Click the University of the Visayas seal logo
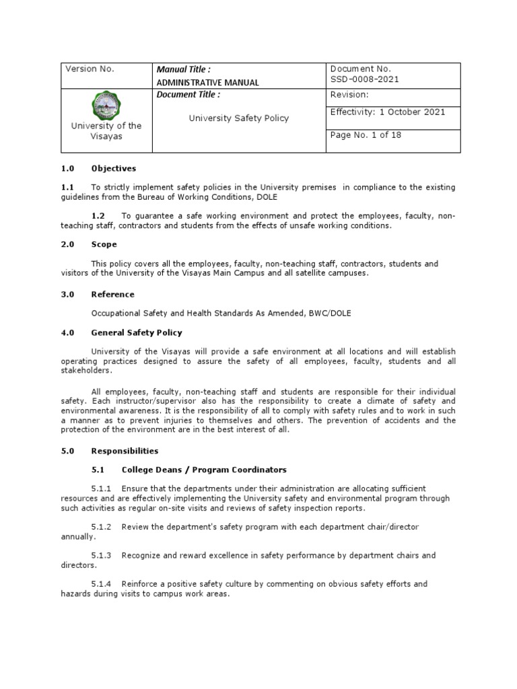click(106, 106)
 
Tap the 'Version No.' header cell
click(89, 69)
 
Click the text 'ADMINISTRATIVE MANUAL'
click(207, 82)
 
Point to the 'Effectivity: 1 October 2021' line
click(387, 112)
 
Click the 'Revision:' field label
click(349, 95)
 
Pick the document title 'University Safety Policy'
click(238, 118)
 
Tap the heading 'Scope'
click(105, 244)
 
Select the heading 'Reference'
click(112, 294)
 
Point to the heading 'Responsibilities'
click(124, 451)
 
